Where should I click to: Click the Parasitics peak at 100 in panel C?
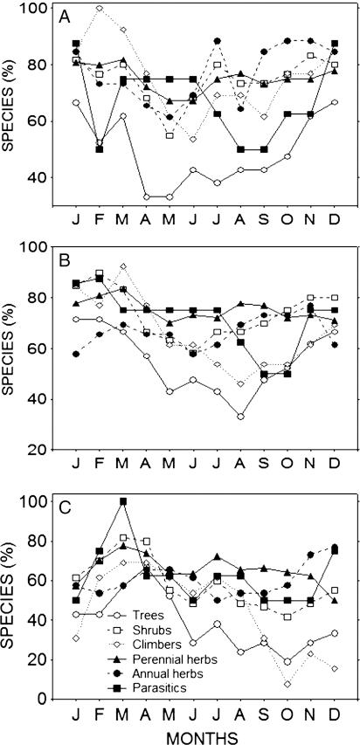pos(123,501)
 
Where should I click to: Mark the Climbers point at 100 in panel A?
pos(100,9)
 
